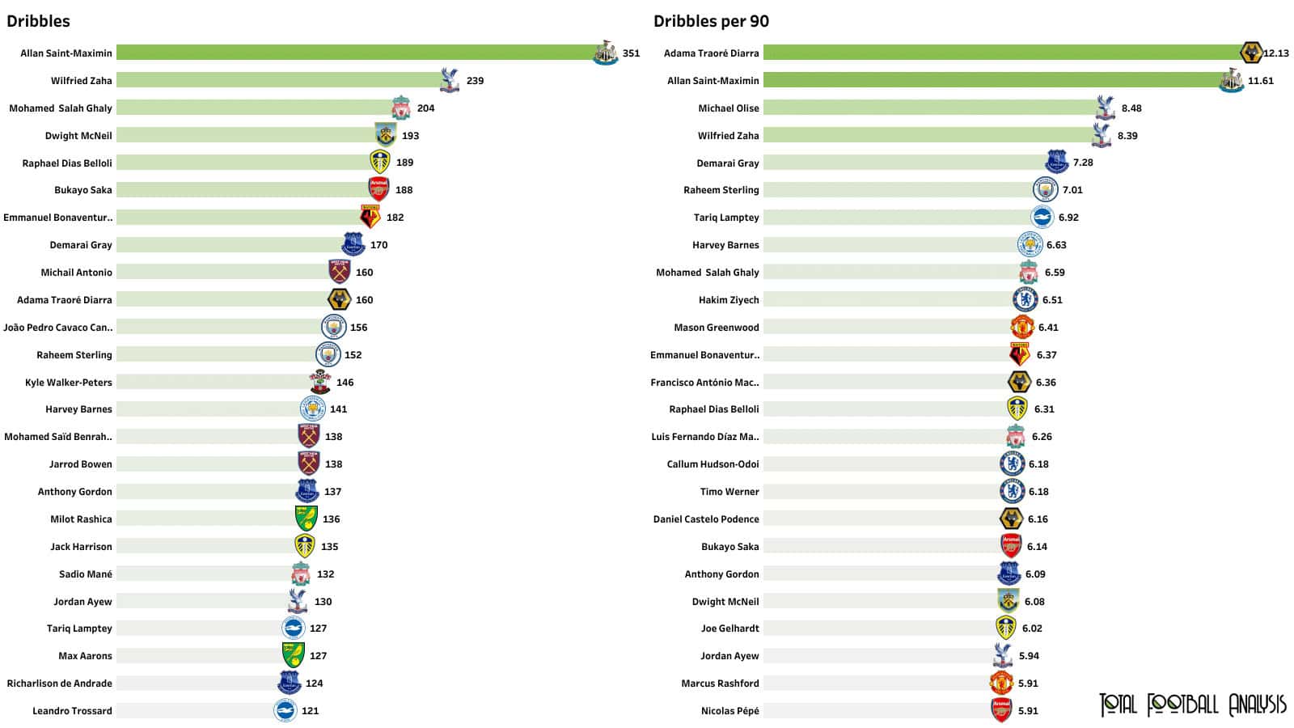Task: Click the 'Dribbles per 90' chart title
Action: [711, 22]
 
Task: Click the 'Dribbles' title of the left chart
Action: [38, 22]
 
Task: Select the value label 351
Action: [631, 53]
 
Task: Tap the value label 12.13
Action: [1276, 53]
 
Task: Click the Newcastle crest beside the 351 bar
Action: [605, 53]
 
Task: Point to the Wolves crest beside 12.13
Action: [1251, 53]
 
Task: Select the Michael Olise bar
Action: [930, 108]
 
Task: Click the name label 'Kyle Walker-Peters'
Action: [69, 383]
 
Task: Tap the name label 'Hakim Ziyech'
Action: [729, 300]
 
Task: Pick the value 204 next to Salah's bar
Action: [425, 108]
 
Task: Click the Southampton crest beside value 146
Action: [320, 382]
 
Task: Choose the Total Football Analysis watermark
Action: [1192, 705]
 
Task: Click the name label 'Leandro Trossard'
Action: [72, 711]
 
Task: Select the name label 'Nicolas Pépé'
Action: [729, 711]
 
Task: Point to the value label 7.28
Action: [1083, 163]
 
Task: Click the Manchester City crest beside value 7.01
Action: [1045, 190]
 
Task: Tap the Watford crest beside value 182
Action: [370, 217]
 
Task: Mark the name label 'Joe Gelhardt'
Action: [729, 629]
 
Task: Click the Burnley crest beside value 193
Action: [386, 135]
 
